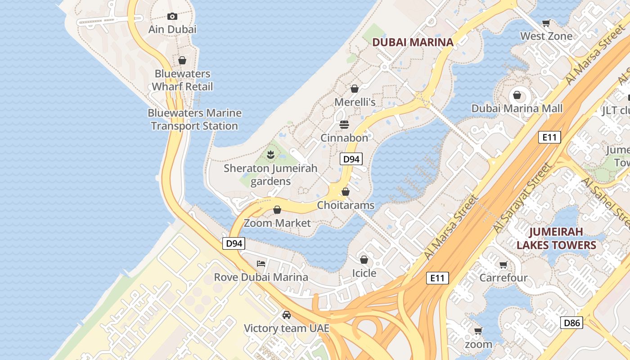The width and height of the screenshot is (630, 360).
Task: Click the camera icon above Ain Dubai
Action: click(172, 17)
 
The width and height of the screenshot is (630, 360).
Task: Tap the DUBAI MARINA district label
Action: click(413, 42)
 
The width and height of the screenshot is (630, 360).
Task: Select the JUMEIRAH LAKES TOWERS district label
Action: click(556, 238)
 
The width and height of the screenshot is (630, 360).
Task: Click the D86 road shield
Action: click(571, 323)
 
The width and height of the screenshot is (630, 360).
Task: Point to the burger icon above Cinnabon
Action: click(344, 124)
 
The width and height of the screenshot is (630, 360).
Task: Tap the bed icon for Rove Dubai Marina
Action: click(261, 263)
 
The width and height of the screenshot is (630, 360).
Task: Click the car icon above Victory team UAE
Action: click(286, 315)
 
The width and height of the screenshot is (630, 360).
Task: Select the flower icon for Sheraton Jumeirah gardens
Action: click(270, 155)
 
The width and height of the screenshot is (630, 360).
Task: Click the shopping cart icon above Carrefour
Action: click(503, 265)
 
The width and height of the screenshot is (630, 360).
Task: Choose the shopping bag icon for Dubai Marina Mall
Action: click(517, 95)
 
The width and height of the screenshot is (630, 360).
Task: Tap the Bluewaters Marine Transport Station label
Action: click(194, 119)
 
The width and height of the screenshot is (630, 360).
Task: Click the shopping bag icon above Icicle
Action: click(364, 260)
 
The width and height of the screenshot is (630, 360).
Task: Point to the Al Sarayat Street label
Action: click(522, 198)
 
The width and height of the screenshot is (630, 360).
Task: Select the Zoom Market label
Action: click(277, 223)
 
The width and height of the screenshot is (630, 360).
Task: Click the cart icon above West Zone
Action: click(546, 23)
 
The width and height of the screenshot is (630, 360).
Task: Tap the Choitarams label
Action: click(346, 205)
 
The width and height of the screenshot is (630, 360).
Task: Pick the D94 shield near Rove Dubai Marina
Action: click(234, 243)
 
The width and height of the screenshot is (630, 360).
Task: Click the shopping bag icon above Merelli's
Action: click(355, 89)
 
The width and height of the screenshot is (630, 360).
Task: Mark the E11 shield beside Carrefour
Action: click(437, 278)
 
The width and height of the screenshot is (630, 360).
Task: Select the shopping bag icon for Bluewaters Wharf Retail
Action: click(182, 60)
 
